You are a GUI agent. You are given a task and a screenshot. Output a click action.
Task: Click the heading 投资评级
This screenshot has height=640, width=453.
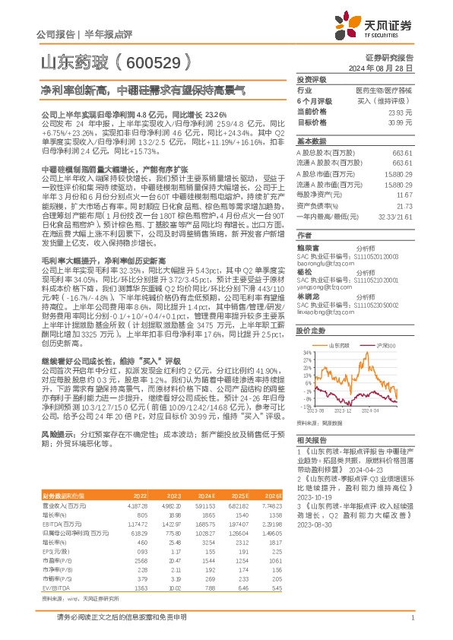312,78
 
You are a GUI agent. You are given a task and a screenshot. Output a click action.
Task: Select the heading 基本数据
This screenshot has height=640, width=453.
312,142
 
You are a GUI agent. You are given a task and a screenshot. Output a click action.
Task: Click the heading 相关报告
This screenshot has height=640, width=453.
312,440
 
